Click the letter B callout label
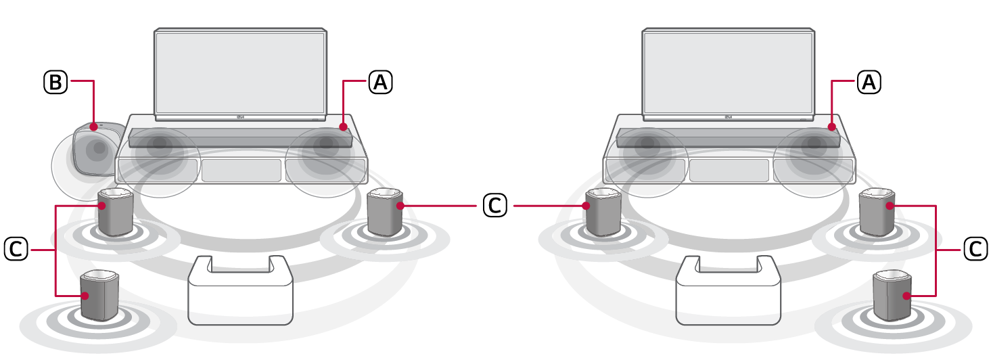[55, 82]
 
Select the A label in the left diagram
[380, 82]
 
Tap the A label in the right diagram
[869, 82]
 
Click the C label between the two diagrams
[494, 205]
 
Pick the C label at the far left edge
[16, 248]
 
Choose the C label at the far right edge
[975, 248]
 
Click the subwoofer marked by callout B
[97, 148]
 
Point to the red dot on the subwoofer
[93, 127]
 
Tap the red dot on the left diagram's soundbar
[344, 127]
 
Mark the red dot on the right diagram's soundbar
[832, 127]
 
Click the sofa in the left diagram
[240, 291]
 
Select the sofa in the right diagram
[729, 291]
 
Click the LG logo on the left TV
[241, 117]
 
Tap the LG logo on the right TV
[729, 117]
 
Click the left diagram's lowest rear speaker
[99, 295]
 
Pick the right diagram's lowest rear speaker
[892, 295]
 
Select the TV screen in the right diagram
[729, 72]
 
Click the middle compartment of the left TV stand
[241, 171]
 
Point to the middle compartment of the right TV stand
[729, 171]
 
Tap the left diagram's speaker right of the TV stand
[385, 212]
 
